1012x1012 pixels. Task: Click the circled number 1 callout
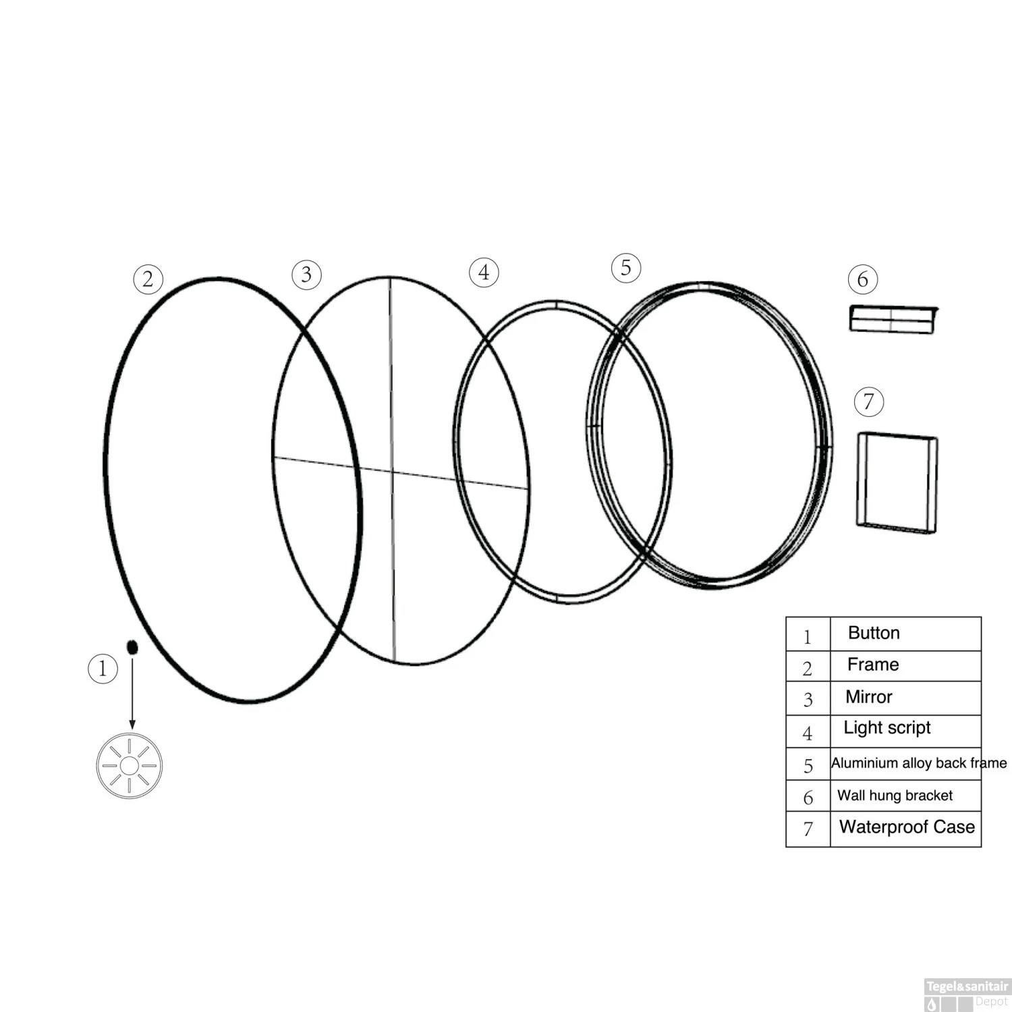(x=103, y=669)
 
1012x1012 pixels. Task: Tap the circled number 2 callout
(x=148, y=279)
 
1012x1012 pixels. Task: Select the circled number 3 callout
(x=306, y=275)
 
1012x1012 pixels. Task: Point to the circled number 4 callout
(x=484, y=273)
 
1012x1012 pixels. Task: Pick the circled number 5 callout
(x=626, y=268)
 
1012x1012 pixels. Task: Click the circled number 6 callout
(x=863, y=279)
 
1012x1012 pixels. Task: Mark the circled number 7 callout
(x=868, y=402)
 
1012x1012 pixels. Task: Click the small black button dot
(x=132, y=647)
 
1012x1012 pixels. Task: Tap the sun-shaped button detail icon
(x=130, y=766)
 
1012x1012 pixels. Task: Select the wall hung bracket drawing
(x=893, y=319)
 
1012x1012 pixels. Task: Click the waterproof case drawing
(x=897, y=482)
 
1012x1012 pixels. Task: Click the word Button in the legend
(x=874, y=633)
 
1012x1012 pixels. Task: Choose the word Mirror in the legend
(x=869, y=697)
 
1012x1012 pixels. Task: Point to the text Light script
(x=887, y=728)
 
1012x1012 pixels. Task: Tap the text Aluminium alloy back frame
(x=918, y=763)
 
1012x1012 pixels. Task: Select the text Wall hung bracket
(x=895, y=795)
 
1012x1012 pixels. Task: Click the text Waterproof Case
(x=907, y=826)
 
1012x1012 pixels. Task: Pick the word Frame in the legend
(x=873, y=665)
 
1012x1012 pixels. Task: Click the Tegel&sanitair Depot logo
(x=967, y=994)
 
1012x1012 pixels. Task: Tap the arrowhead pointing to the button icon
(x=132, y=725)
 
